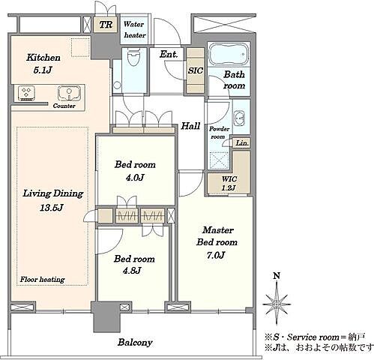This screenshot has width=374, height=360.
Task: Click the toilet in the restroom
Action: [x=133, y=57]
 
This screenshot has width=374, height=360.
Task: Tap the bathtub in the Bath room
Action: [x=229, y=54]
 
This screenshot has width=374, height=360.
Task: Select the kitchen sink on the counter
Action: [x=69, y=93]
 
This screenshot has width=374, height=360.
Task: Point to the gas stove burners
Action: [x=26, y=93]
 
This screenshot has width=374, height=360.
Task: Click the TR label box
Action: [x=106, y=25]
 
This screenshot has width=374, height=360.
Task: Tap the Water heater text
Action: [x=135, y=30]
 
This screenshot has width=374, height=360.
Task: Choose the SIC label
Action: [x=196, y=70]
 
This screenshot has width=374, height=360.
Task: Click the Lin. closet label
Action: [x=242, y=143]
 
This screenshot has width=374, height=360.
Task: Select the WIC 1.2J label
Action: [x=229, y=183]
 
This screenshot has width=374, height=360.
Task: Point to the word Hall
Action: [x=190, y=126]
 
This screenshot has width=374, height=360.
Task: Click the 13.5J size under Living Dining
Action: [x=52, y=208]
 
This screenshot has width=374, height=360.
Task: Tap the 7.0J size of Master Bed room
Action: [x=216, y=255]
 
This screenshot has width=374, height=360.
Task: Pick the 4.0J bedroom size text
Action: [x=135, y=178]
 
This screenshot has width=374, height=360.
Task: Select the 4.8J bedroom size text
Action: [x=132, y=270]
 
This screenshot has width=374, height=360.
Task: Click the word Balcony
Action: [x=135, y=342]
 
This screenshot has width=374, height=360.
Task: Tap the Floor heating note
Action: [x=42, y=280]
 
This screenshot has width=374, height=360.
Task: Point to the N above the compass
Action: [x=277, y=276]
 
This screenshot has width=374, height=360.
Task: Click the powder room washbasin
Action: [x=239, y=117]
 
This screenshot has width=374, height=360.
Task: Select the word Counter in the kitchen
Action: [x=64, y=106]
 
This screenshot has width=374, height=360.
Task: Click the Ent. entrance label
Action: [x=169, y=54]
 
